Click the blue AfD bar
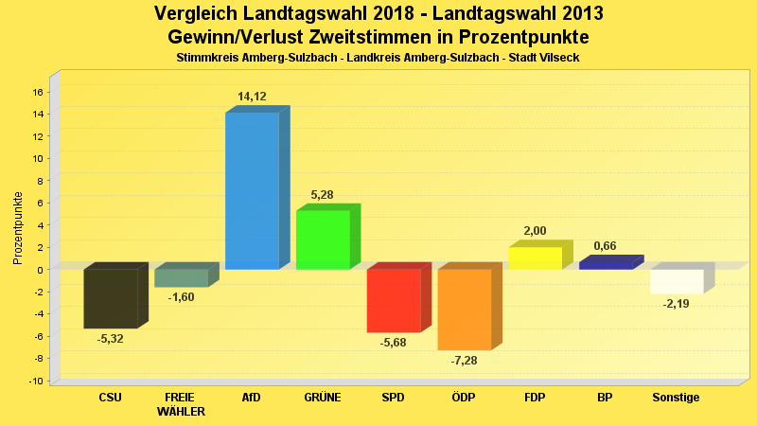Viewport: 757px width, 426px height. [252, 190]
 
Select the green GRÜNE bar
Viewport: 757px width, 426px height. [323, 240]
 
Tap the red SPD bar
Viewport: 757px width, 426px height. [394, 301]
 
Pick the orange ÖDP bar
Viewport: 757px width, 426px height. [464, 310]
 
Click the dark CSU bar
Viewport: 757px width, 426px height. [111, 298]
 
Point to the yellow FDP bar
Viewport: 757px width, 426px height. [535, 258]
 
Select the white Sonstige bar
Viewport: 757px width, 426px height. [677, 281]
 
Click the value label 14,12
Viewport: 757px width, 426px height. [252, 97]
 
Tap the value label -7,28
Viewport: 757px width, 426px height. [465, 362]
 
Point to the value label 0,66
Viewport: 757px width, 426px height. [605, 246]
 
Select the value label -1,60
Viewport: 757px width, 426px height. [181, 297]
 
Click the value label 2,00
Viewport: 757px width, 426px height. [535, 231]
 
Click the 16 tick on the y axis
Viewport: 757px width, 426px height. [38, 92]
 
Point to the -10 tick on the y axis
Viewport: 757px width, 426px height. [36, 381]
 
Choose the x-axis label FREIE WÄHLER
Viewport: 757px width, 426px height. [181, 404]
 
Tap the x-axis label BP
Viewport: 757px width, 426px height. [605, 398]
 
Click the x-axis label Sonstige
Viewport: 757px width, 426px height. [676, 398]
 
